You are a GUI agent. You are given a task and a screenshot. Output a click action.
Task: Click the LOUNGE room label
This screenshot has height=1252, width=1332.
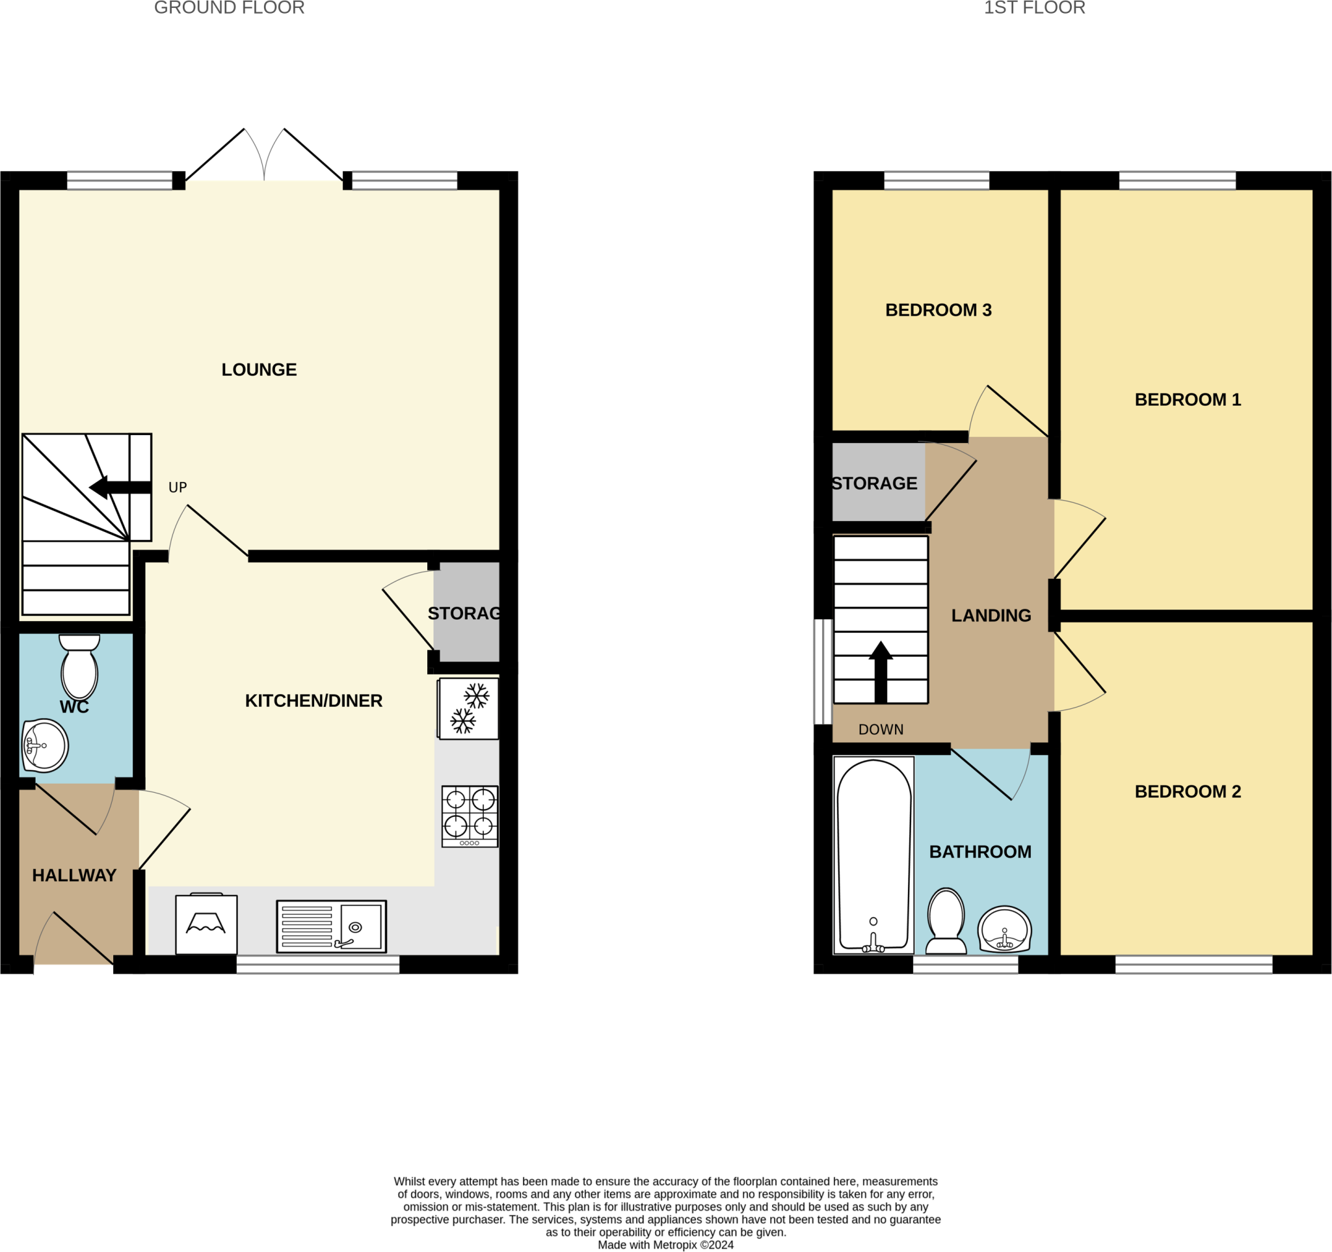click(x=259, y=370)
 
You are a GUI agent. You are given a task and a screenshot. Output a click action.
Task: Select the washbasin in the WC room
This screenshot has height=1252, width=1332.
click(x=44, y=745)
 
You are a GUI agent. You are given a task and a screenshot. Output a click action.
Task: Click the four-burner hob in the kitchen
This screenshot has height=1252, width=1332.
click(x=470, y=816)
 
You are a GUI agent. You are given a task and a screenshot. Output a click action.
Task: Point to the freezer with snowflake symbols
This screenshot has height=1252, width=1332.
click(x=468, y=709)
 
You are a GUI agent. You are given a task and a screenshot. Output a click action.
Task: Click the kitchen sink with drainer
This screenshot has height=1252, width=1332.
click(x=331, y=926)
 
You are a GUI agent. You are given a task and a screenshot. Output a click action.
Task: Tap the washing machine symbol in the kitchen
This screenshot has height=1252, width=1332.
click(x=206, y=924)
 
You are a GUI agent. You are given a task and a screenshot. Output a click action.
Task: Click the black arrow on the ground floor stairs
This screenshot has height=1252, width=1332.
click(x=119, y=488)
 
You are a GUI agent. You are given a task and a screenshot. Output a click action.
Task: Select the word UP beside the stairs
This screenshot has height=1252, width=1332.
click(x=178, y=488)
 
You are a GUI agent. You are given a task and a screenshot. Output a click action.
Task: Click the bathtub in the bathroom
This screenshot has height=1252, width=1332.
click(x=873, y=855)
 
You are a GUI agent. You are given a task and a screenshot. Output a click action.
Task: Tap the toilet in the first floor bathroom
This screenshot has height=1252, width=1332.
click(x=946, y=921)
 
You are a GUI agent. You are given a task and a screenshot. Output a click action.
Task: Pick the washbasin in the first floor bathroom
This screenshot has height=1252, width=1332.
click(x=1004, y=929)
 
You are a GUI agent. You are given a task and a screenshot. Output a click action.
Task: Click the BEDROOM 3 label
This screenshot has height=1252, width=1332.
click(x=938, y=310)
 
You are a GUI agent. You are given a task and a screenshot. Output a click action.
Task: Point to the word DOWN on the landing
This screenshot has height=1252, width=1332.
click(x=881, y=730)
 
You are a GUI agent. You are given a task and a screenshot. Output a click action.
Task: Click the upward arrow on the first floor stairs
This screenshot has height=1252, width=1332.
click(x=881, y=672)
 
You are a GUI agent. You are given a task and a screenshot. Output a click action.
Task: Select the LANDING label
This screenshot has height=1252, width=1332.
click(x=991, y=616)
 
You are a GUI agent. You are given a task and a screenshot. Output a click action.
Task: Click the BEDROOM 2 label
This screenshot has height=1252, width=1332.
click(x=1187, y=792)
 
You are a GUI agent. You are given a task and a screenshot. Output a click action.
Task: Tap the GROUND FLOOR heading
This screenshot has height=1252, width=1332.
click(x=229, y=8)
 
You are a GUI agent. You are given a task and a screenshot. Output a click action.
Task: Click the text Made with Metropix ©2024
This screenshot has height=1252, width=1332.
click(x=665, y=1245)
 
